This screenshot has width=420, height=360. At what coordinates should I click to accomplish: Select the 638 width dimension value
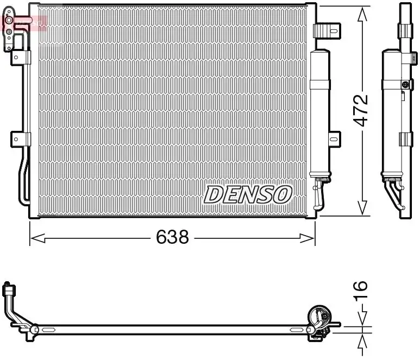[172, 237]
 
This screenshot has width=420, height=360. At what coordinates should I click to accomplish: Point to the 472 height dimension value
[362, 111]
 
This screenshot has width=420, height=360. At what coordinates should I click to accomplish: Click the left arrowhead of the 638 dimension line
[34, 237]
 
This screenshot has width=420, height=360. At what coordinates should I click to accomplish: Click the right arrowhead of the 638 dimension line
[311, 237]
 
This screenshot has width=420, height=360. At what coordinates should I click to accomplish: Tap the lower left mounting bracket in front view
[17, 139]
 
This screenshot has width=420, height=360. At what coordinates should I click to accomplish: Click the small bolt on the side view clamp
[404, 84]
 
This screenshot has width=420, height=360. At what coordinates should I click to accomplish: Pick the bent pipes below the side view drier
[395, 193]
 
